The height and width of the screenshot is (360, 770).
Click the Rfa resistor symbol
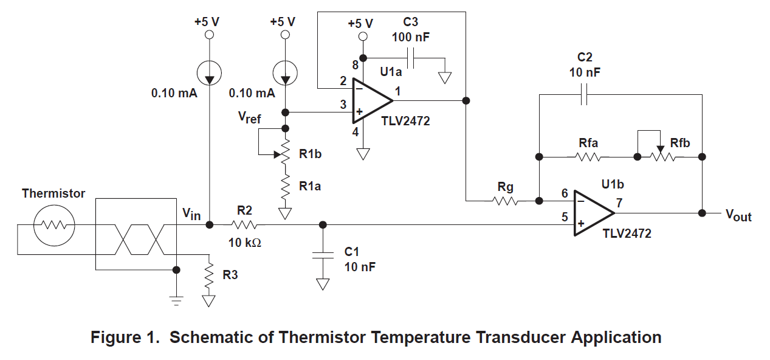pos(588,156)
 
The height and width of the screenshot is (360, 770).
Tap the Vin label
pos(191,214)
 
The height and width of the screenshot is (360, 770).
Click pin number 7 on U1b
pos(619,203)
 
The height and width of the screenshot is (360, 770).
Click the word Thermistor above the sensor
pos(53,193)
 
